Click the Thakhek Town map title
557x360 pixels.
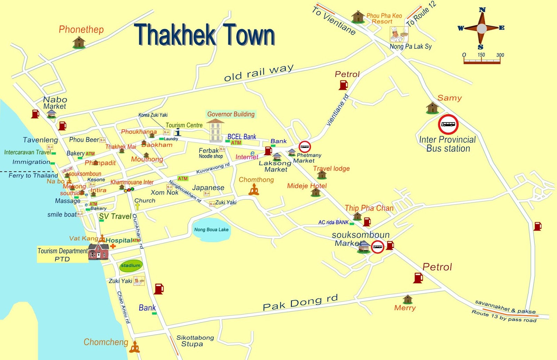click(204, 35)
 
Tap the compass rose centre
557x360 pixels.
click(481, 29)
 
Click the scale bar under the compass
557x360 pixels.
click(482, 62)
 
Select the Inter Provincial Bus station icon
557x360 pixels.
click(448, 125)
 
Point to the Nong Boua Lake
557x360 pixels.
click(211, 230)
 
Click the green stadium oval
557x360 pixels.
click(131, 265)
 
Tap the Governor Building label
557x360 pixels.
click(231, 114)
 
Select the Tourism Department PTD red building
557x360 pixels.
click(98, 251)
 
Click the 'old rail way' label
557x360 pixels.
click(259, 73)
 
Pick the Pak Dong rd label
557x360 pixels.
click(300, 303)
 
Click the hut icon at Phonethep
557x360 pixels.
click(79, 42)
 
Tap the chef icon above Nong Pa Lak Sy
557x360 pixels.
click(398, 34)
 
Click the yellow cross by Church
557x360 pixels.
click(138, 206)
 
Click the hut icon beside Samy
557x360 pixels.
click(432, 108)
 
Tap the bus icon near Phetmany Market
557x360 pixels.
click(305, 147)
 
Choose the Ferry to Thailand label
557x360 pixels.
click(33, 176)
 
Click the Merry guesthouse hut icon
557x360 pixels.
click(407, 299)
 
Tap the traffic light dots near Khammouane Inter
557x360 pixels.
click(129, 190)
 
